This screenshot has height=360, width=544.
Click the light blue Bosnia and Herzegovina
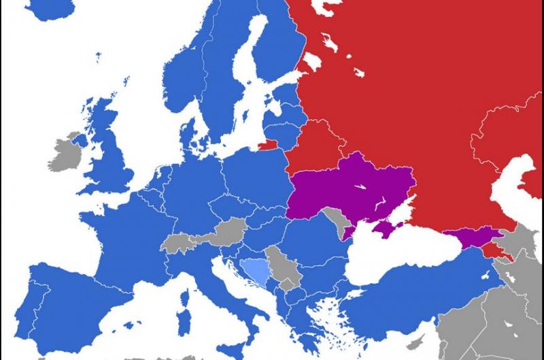click(256, 272)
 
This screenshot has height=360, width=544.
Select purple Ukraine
click(354, 187)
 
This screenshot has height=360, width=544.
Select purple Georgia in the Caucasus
click(469, 238)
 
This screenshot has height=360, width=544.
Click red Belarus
click(316, 143)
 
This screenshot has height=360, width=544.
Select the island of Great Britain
click(109, 157)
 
